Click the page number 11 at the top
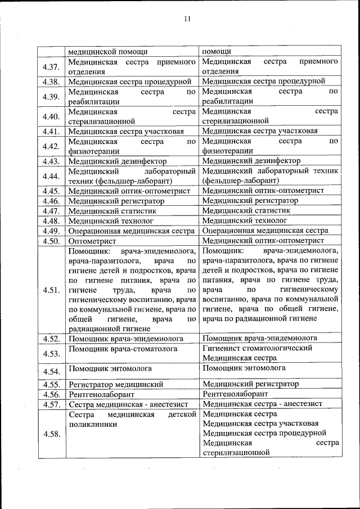187,19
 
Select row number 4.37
51,66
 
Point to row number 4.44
51,176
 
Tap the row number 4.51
51,290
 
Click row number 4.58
51,434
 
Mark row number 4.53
51,353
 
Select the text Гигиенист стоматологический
257,348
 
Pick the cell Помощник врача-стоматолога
123,349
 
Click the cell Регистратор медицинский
116,385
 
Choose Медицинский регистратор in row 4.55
250,384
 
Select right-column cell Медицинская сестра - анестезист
262,404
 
